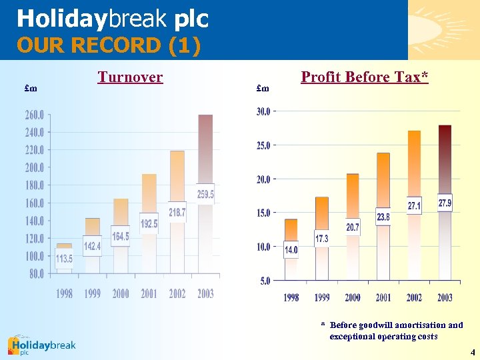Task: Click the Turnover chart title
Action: point(130,77)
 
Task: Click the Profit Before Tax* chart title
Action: point(364,77)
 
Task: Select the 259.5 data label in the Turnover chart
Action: point(205,194)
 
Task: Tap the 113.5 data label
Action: point(64,259)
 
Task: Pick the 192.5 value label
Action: point(149,224)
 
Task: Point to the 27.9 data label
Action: point(445,203)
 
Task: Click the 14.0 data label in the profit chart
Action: point(291,250)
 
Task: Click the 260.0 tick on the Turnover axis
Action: point(35,115)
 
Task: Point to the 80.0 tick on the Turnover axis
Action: point(36,273)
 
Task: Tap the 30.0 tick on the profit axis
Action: point(263,112)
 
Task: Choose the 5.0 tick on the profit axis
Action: point(265,281)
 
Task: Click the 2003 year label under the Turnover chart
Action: point(205,294)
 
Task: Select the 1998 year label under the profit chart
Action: point(291,298)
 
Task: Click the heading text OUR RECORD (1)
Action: point(109,46)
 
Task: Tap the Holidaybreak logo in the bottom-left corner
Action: point(41,345)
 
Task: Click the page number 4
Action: point(472,351)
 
